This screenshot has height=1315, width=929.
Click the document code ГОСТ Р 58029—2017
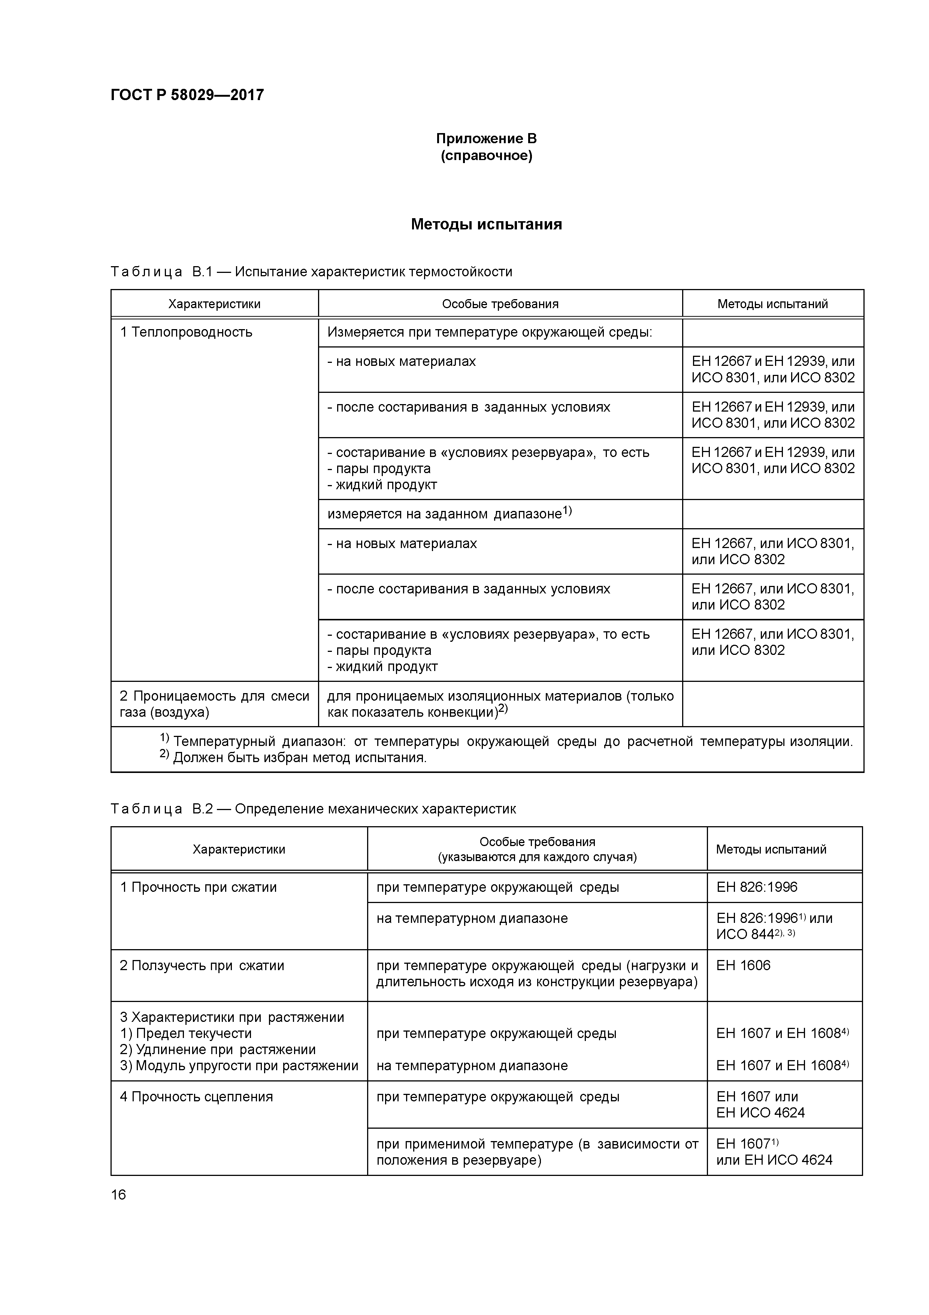pos(187,94)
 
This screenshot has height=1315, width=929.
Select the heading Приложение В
pos(486,139)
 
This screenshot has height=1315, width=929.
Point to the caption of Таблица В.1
pos(311,271)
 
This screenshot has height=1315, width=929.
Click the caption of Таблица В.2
pos(313,809)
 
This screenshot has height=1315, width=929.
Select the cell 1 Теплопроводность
pos(186,332)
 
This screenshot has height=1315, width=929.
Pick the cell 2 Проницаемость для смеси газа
pos(214,704)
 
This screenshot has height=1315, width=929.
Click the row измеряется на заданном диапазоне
pos(450,514)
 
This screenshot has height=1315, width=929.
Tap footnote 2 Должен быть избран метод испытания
pos(294,758)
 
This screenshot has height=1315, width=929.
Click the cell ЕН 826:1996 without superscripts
pos(757,887)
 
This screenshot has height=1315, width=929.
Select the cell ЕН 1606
pos(743,966)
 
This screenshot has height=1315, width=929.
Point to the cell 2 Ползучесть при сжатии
pos(202,966)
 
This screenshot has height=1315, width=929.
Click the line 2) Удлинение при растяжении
pos(218,1049)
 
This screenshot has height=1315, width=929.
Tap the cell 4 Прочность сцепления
pos(196,1097)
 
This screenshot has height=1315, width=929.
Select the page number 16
pos(118,1195)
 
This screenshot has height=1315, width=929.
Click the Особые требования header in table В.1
pos(500,304)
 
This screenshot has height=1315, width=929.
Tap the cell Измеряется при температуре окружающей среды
pos(489,332)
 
